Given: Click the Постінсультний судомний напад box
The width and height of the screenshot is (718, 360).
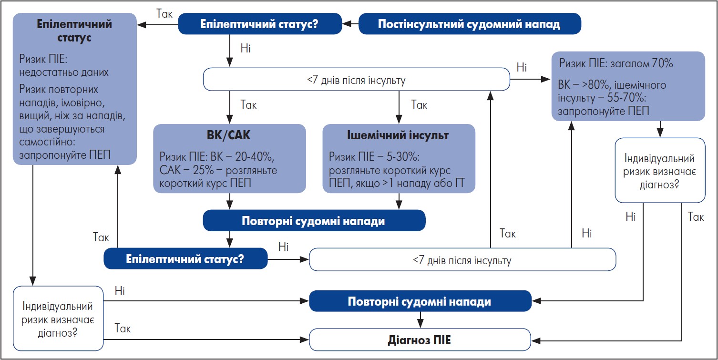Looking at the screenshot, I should click(470, 24).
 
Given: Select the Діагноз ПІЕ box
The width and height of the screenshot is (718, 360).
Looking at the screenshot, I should click(420, 340).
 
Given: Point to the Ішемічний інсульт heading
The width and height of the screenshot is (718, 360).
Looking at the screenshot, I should click(399, 136).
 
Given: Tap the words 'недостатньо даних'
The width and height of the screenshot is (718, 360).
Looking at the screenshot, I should click(64, 72).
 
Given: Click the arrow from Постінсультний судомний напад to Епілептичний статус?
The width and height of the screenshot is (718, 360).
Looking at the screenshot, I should click(351, 23).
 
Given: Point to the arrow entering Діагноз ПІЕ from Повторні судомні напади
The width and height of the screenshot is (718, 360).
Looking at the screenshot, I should click(420, 319).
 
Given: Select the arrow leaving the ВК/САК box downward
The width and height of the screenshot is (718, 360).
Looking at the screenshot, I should click(230, 201).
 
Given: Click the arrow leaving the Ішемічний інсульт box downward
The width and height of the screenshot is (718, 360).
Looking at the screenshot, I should click(399, 201).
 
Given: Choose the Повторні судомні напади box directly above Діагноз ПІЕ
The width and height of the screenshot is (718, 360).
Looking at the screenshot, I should click(420, 302).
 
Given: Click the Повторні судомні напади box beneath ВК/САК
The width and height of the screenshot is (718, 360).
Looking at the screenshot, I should click(314, 221).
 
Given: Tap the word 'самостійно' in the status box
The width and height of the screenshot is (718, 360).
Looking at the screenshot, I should click(46, 142).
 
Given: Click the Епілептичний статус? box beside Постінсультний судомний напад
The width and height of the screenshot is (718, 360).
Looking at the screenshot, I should click(259, 24).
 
